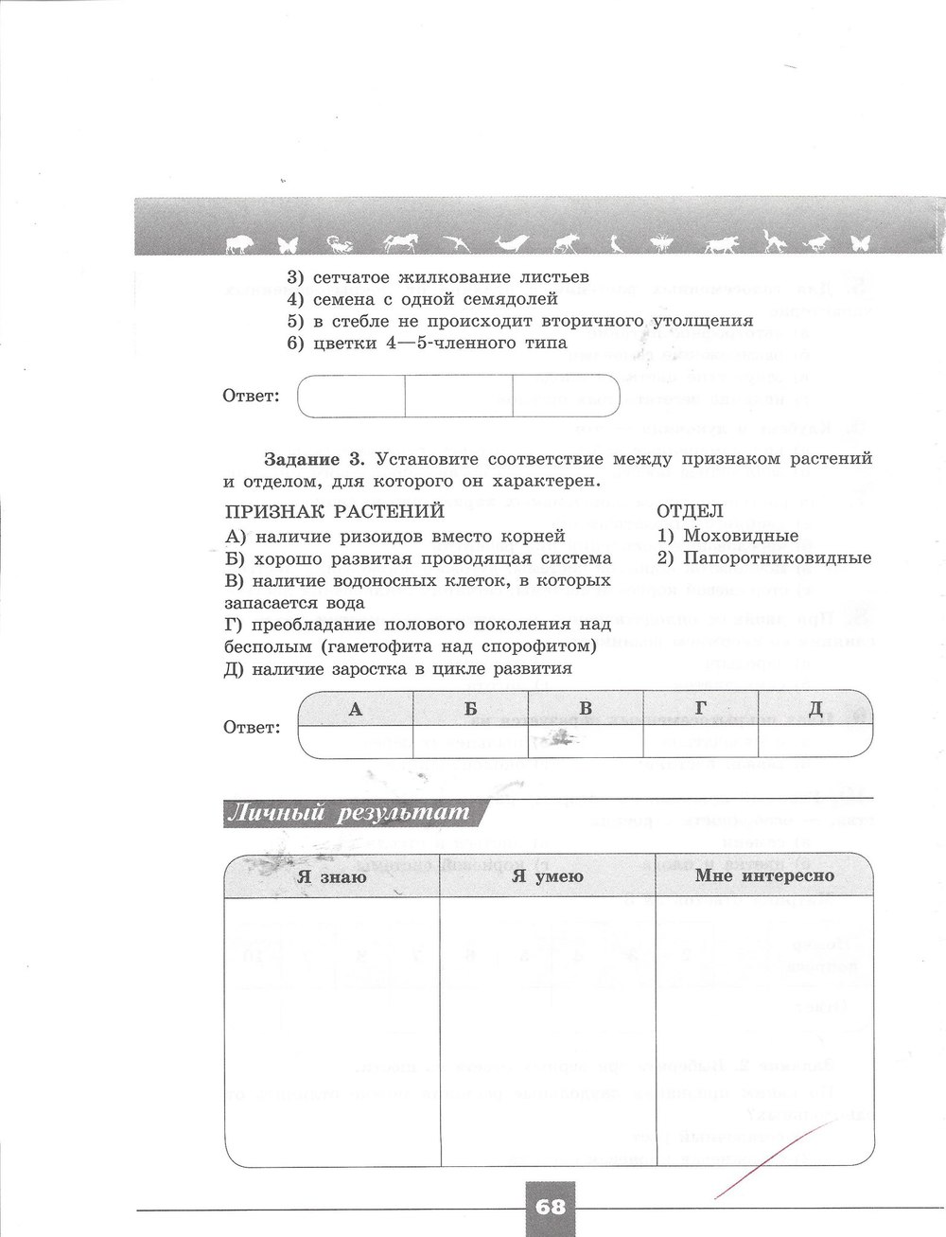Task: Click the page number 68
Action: (549, 1207)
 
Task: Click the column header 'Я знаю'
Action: (332, 876)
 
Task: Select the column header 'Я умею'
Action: (548, 876)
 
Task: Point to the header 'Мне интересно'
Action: (764, 876)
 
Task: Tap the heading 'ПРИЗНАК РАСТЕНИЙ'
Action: (334, 511)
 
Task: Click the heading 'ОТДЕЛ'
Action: (690, 511)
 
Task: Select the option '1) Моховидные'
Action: (727, 536)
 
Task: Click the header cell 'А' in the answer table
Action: (356, 709)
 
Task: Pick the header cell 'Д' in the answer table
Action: (815, 709)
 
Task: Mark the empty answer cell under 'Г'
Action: (701, 740)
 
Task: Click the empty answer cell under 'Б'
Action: (470, 740)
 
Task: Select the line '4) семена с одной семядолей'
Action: (422, 300)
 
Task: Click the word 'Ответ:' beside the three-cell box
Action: (252, 396)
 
